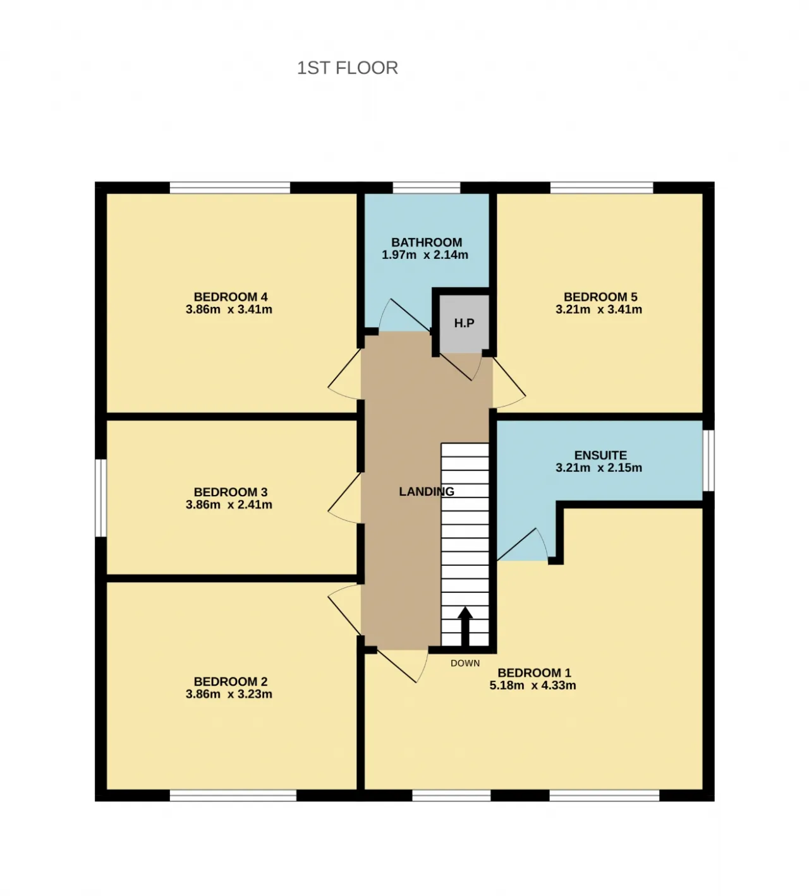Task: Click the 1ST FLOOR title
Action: [x=348, y=68]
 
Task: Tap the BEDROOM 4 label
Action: [x=230, y=297]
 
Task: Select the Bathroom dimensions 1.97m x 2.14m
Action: [x=425, y=255]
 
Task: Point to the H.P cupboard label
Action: [x=464, y=323]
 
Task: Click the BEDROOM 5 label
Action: [x=600, y=297]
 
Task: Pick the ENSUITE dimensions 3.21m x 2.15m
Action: [x=599, y=468]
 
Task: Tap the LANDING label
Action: [x=427, y=491]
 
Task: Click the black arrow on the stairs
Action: [x=465, y=627]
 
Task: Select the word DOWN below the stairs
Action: [x=465, y=663]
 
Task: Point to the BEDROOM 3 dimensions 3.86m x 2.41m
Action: [x=229, y=505]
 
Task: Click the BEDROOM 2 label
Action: [x=230, y=681]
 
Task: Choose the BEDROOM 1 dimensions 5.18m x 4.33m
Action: [x=533, y=685]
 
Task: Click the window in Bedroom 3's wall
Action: [x=101, y=498]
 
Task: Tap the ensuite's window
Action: [x=709, y=460]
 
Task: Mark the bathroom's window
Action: [x=427, y=188]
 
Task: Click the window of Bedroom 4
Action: [x=230, y=188]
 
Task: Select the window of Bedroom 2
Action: [x=233, y=796]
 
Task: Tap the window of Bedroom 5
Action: [x=602, y=188]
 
